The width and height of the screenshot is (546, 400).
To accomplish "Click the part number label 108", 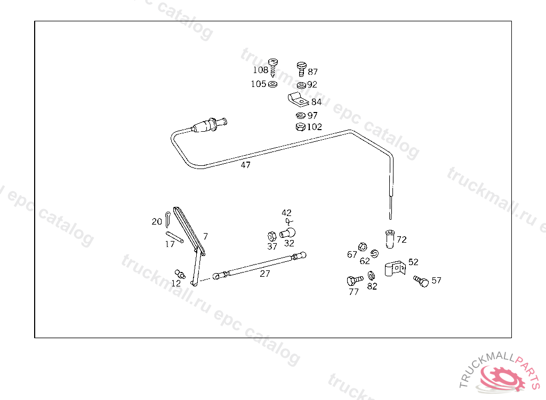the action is [260, 70].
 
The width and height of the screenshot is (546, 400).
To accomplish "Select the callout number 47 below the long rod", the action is [245, 165].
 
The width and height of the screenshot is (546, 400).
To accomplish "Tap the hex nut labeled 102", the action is [300, 127].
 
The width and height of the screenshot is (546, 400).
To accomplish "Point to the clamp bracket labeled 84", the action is [296, 99].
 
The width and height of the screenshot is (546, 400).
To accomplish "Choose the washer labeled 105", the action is [273, 84].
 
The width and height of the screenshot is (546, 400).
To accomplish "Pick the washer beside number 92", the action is [301, 85].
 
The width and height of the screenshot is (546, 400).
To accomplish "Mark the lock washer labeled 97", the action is [300, 115].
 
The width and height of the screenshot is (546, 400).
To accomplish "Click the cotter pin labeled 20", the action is [168, 219].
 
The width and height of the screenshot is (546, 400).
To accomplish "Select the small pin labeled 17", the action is [174, 236].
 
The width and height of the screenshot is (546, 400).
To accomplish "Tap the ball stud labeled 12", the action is [180, 275].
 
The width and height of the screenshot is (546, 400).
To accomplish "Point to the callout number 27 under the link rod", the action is [265, 274].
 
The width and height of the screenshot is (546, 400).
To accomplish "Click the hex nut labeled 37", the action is [271, 236].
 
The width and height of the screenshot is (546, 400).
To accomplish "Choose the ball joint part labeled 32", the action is [287, 233].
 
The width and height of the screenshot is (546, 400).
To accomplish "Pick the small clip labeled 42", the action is [288, 221].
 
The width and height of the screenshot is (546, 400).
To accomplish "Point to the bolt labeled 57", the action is [421, 281].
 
